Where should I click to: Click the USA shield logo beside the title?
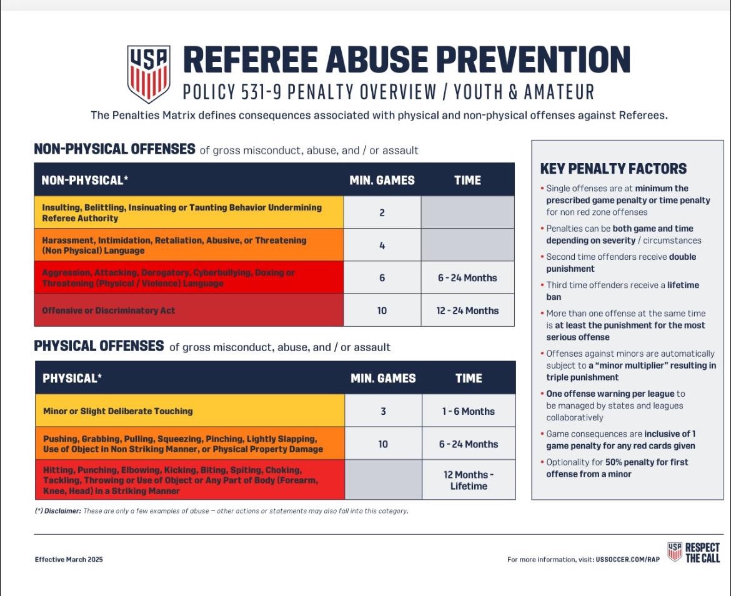[149, 74]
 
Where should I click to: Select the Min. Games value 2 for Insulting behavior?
[382, 213]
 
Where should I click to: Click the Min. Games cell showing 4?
[382, 245]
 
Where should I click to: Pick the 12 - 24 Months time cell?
[467, 310]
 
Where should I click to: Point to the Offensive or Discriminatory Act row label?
[109, 310]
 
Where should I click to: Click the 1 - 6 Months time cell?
[469, 411]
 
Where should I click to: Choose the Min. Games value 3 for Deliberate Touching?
[383, 412]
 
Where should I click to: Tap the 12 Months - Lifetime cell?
[469, 480]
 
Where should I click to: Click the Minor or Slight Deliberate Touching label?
[118, 411]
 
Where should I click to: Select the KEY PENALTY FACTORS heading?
[614, 169]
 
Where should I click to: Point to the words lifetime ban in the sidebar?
[623, 291]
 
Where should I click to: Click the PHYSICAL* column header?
[72, 378]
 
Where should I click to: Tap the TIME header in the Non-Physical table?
[467, 181]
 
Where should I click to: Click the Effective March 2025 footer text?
[69, 559]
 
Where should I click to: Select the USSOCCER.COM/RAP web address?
[628, 559]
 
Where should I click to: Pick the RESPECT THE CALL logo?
[694, 552]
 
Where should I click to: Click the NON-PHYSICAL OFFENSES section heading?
[115, 149]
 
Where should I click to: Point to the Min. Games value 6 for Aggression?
[382, 278]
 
